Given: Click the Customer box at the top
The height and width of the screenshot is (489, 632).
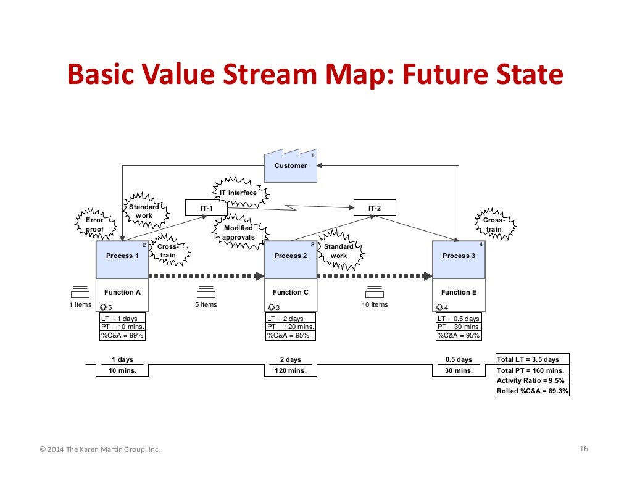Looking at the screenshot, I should [291, 165].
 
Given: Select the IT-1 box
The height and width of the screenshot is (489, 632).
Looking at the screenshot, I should [206, 208].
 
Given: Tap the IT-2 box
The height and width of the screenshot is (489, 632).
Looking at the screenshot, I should [375, 208].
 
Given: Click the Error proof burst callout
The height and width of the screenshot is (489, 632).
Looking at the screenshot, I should [95, 224].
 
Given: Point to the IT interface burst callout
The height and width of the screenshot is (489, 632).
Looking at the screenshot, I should [240, 193].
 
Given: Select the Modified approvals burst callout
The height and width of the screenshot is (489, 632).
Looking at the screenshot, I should [238, 233].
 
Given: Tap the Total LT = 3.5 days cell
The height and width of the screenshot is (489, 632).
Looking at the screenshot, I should [532, 359].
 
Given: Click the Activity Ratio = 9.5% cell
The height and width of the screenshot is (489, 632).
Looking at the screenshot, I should [532, 380].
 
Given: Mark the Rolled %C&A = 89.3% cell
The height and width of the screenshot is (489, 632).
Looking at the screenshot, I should [532, 391].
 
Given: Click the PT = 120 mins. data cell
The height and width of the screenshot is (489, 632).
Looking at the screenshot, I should [290, 327].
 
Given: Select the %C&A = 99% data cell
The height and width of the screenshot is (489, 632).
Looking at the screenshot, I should [122, 335].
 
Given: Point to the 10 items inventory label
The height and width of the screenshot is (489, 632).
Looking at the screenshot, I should [375, 304].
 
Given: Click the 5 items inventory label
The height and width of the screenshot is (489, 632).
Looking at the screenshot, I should [206, 304].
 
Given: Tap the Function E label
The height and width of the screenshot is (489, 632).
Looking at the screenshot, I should [459, 292].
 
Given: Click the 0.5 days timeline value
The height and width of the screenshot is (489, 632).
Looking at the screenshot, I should [459, 359].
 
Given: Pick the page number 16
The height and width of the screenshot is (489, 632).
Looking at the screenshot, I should [584, 449].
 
